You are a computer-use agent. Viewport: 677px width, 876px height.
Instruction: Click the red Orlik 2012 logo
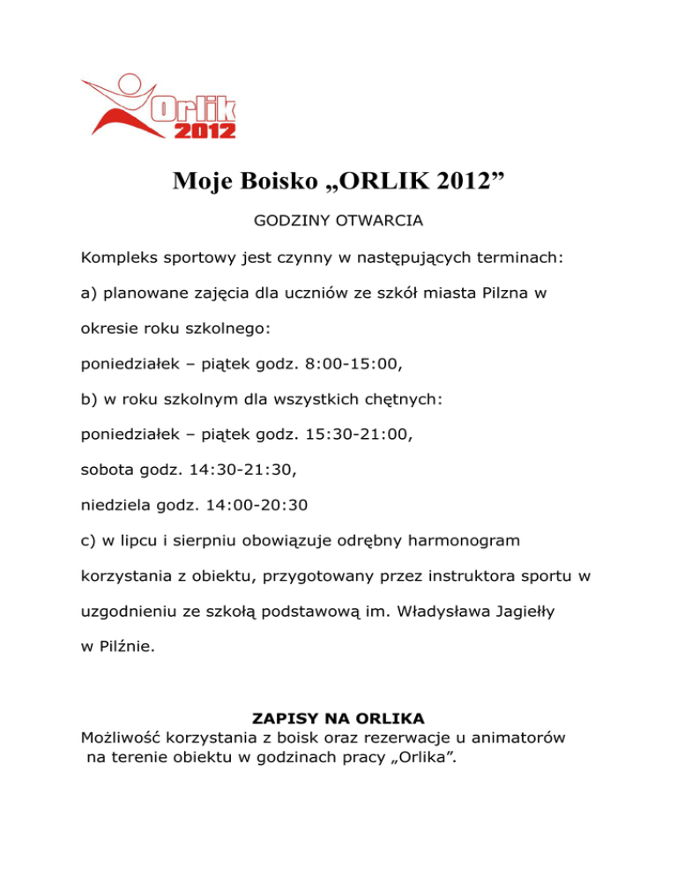click(159, 107)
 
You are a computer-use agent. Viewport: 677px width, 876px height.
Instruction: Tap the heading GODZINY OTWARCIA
click(338, 222)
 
